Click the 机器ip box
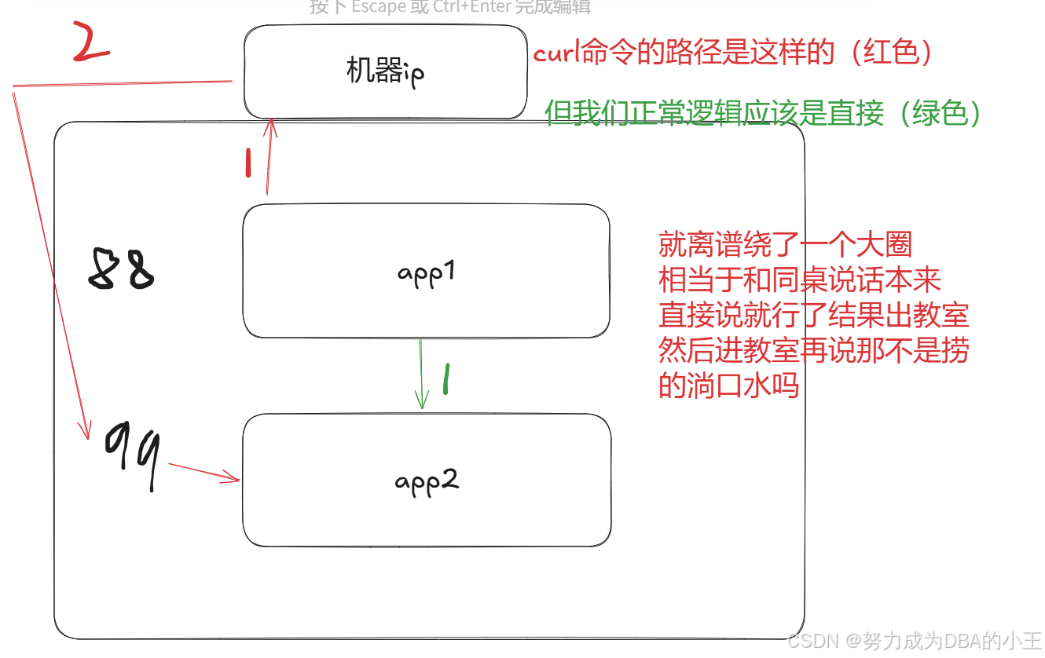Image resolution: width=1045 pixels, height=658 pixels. (x=385, y=71)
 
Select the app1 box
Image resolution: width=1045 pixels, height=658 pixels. (x=426, y=272)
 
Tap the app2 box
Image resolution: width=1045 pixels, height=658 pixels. (x=427, y=480)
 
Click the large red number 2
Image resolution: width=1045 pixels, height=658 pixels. (x=90, y=42)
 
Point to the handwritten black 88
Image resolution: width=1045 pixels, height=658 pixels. (x=119, y=270)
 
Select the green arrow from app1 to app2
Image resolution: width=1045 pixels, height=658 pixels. (x=422, y=374)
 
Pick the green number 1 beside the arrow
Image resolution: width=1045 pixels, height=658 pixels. (x=445, y=379)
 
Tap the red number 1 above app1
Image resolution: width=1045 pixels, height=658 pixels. (x=248, y=163)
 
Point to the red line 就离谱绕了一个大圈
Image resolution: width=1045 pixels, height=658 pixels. (x=785, y=245)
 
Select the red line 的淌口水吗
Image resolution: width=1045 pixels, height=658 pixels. (x=728, y=386)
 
